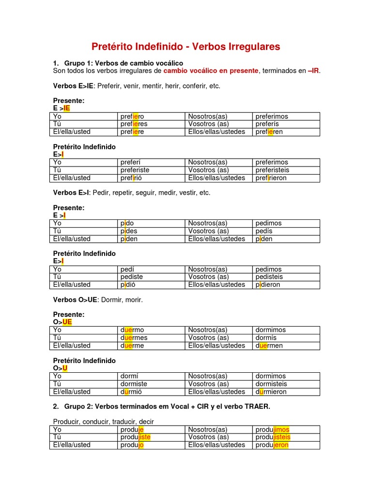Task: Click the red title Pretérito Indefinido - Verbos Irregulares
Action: [186, 47]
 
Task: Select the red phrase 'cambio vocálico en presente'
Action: [211, 71]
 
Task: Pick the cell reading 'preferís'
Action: [267, 124]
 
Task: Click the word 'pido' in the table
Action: [127, 223]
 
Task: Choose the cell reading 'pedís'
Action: [264, 231]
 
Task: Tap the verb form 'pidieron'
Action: [268, 285]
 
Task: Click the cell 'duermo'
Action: [132, 330]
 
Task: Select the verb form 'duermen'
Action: [269, 346]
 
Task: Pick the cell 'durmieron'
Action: [271, 392]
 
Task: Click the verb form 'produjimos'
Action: [272, 430]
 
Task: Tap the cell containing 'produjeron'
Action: [272, 445]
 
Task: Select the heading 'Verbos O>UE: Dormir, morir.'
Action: [98, 300]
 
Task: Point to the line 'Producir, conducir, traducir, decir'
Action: [103, 422]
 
